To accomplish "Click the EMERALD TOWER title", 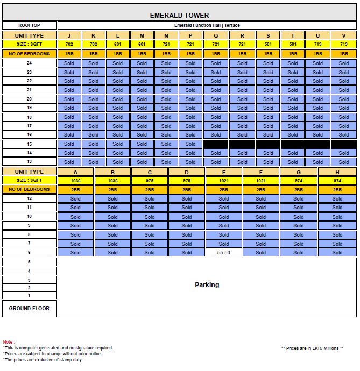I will [x=179, y=15].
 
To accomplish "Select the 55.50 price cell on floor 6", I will [x=224, y=252].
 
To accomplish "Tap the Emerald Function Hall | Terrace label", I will [x=207, y=25].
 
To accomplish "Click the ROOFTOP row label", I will [x=29, y=25].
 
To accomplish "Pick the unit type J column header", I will [x=69, y=35].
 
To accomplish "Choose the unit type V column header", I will [x=344, y=35].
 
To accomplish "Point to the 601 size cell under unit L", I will [x=118, y=44].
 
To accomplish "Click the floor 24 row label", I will [x=29, y=63].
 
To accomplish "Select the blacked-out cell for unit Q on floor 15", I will [x=216, y=144].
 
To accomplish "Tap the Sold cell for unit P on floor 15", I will [x=190, y=144].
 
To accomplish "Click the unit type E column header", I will [x=224, y=172].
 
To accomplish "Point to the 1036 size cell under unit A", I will [x=75, y=181].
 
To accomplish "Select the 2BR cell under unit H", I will [x=337, y=190].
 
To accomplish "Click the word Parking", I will [x=207, y=285].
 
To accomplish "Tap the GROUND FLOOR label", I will [x=29, y=309].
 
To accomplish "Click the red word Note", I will [x=8, y=342].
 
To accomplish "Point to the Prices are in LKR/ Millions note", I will [x=312, y=348].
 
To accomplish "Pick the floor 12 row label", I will [x=29, y=198].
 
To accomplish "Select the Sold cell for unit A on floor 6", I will [x=75, y=252].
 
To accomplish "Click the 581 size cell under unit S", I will [x=268, y=44].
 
